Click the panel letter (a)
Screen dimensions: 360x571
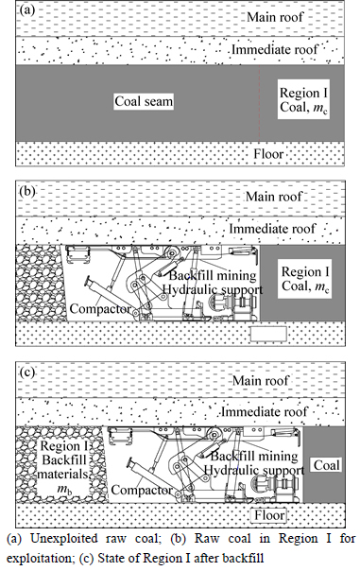[x=27, y=10]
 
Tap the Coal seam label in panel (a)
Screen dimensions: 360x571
[x=144, y=101]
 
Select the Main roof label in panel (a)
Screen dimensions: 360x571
[x=275, y=17]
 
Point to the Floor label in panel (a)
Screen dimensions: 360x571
[x=268, y=153]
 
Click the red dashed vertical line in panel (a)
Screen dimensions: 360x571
[x=259, y=103]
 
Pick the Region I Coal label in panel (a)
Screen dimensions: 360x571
[x=303, y=99]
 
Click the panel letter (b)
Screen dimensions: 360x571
[x=27, y=191]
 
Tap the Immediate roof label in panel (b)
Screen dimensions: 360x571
[x=272, y=229]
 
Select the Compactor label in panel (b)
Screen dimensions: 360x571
[x=100, y=309]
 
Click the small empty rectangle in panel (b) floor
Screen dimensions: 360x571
[x=268, y=334]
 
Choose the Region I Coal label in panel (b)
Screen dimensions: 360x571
[x=305, y=279]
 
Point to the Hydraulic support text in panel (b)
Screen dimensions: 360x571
[x=213, y=289]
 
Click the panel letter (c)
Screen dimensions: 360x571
[x=27, y=372]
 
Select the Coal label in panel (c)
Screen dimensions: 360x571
[x=327, y=465]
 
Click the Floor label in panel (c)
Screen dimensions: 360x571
[x=269, y=515]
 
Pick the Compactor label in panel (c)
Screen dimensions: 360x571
[x=142, y=490]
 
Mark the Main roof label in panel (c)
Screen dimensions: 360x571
[x=261, y=381]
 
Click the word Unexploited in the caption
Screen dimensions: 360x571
[x=63, y=539]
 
